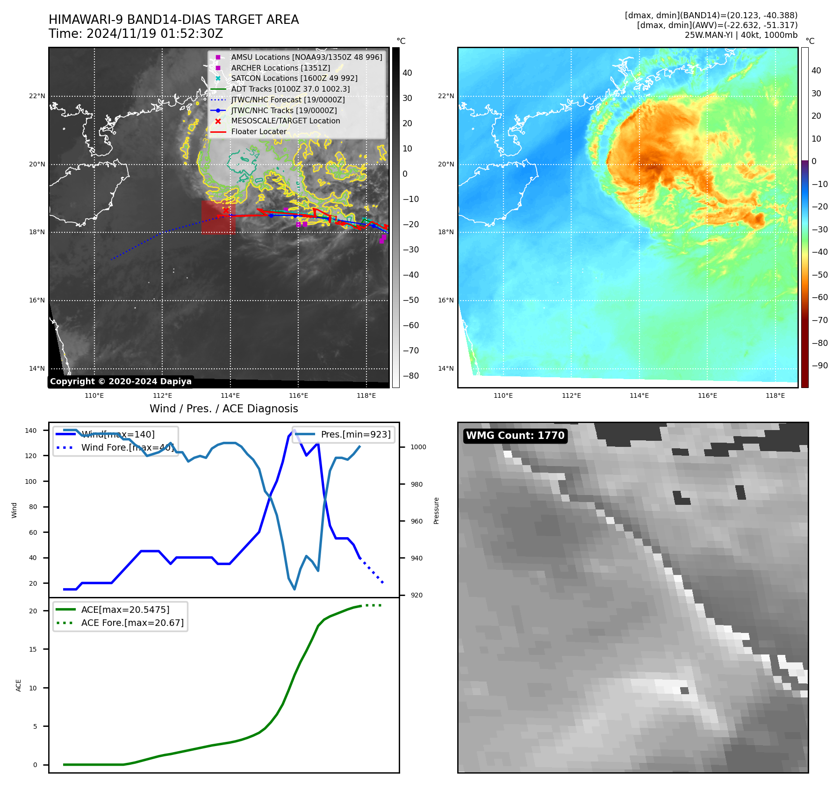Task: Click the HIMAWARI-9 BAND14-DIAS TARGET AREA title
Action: click(x=173, y=20)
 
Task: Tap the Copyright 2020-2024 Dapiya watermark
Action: click(x=121, y=381)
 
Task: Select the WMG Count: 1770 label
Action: click(x=515, y=436)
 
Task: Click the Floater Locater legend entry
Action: click(x=258, y=132)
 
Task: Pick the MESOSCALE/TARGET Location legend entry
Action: click(x=285, y=121)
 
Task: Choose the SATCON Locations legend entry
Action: click(x=294, y=79)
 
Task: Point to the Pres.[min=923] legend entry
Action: click(x=355, y=434)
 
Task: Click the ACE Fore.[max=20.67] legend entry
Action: click(x=132, y=623)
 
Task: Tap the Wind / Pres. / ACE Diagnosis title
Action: click(x=223, y=409)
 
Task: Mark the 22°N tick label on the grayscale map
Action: click(x=37, y=96)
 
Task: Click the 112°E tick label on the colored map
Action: click(x=571, y=395)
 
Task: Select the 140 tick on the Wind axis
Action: click(x=31, y=431)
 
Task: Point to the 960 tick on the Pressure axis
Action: click(x=416, y=521)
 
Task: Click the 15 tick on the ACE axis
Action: click(x=33, y=649)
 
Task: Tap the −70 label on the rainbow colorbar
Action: click(x=819, y=320)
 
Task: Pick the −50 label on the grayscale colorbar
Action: click(x=411, y=300)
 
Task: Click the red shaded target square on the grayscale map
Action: click(x=218, y=218)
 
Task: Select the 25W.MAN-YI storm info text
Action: click(x=741, y=35)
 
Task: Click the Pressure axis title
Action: click(x=436, y=510)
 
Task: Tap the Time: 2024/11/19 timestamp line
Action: click(x=136, y=34)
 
